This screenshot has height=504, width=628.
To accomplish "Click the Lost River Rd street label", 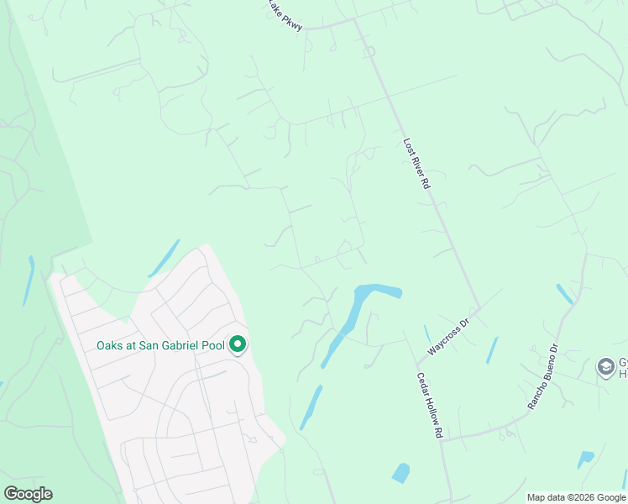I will (416, 164).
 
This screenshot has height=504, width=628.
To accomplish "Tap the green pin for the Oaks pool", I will (238, 344).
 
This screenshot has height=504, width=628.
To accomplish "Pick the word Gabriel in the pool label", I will (177, 345).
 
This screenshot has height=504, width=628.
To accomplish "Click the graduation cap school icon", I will (605, 366).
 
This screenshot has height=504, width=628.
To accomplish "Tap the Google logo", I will (28, 494).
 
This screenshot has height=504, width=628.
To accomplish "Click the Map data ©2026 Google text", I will (575, 497).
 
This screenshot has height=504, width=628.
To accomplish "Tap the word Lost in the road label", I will (408, 146).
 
